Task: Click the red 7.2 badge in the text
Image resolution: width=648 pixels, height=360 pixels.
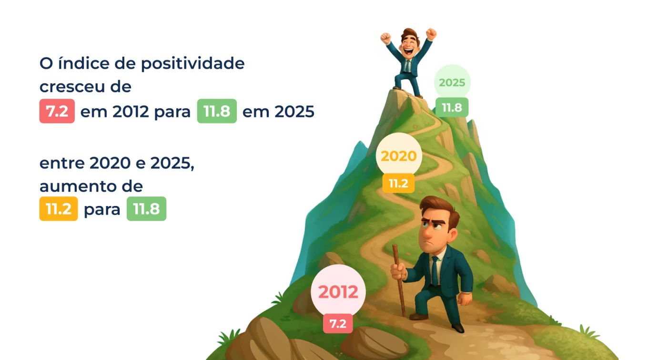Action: tap(57, 111)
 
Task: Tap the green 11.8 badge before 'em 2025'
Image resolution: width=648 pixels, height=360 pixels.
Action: tap(217, 111)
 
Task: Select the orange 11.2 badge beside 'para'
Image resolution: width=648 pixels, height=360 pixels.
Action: tap(59, 209)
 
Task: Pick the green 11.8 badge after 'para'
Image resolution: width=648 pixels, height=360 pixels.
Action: tap(146, 209)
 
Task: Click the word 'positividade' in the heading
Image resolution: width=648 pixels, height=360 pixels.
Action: tap(192, 64)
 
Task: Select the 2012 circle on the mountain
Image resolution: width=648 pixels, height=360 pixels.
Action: tap(338, 291)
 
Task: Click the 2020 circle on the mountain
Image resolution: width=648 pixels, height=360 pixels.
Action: tap(399, 156)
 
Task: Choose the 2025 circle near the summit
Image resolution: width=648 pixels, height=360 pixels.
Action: tap(452, 82)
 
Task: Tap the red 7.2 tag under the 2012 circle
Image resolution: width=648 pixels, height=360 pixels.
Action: tap(338, 324)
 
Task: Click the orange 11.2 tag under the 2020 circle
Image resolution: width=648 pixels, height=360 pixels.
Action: tap(398, 183)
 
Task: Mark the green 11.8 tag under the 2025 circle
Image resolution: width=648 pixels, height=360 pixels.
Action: tap(452, 107)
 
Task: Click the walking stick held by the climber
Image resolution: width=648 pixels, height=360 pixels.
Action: tap(399, 280)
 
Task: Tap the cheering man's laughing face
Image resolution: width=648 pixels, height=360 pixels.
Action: tap(409, 46)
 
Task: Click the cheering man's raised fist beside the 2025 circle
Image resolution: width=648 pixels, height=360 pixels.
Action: tap(431, 34)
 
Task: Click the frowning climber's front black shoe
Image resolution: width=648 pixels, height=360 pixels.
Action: tap(458, 328)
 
